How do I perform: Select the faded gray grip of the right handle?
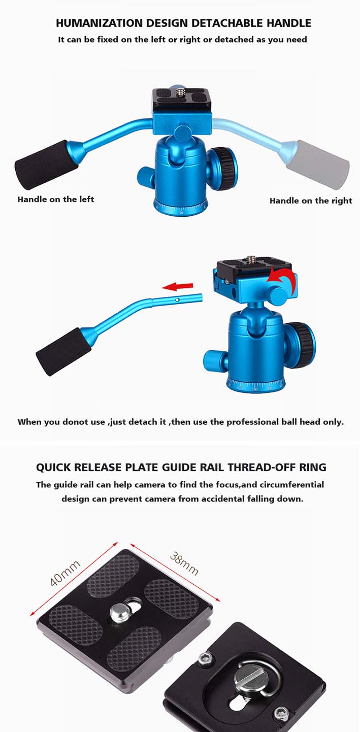318,164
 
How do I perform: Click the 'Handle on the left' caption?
55,199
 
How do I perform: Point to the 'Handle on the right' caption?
311,201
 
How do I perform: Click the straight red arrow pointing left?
178,287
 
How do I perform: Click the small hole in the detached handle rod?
177,300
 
